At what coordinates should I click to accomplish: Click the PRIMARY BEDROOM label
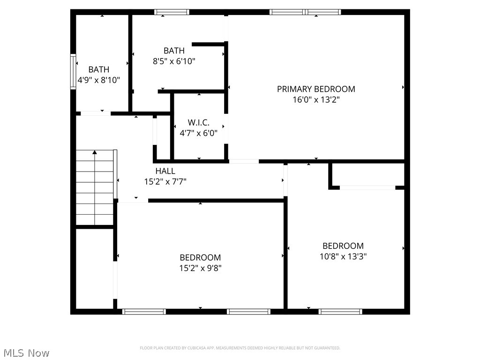316,89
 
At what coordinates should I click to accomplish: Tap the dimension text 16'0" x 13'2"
316,99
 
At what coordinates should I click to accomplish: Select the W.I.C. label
199,122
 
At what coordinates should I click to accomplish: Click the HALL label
165,171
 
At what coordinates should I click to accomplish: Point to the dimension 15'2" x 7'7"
165,181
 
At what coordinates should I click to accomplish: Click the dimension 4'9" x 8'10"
99,80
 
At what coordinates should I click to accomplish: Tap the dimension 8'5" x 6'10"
174,61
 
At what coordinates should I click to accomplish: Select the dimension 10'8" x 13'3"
343,256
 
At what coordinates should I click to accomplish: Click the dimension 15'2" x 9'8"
200,268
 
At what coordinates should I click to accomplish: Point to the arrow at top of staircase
95,152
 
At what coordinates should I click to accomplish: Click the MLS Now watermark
26,352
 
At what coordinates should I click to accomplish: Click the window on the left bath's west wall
73,71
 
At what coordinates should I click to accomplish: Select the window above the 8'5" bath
172,12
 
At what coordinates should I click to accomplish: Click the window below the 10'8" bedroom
340,311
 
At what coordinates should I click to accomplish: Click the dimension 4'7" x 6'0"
199,133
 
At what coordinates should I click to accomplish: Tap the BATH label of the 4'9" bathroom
99,70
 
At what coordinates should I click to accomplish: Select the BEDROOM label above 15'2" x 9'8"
200,257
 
